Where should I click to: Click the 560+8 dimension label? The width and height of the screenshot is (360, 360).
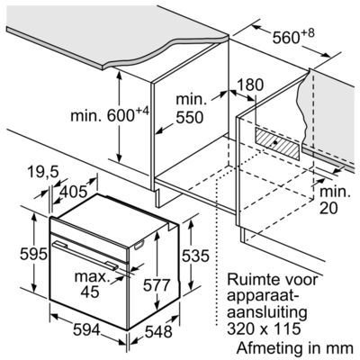pos(293,36)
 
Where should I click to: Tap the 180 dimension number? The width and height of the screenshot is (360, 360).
pos(250,85)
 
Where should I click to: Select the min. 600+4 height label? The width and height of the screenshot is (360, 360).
pos(110,115)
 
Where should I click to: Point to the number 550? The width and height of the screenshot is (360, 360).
pos(190,118)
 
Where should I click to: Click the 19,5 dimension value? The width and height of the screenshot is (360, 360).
pos(43,173)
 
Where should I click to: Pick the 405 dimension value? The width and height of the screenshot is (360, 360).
pos(74,192)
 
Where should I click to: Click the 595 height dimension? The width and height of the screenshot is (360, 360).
pos(33,255)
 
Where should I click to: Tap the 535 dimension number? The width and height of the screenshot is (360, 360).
pos(195,256)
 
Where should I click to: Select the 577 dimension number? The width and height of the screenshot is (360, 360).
pos(157,285)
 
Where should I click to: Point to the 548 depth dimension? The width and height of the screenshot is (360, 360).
pos(158,332)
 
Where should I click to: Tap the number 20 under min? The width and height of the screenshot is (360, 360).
pos(328,209)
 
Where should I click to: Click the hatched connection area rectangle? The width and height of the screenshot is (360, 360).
pos(277,143)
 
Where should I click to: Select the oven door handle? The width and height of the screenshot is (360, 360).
pos(85,254)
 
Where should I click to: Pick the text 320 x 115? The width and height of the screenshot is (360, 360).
pos(264,328)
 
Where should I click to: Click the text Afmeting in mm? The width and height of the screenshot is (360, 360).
pos(295,348)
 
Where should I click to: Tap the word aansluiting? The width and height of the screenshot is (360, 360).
pos(267,312)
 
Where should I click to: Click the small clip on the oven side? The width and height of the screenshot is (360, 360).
pos(139,246)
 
